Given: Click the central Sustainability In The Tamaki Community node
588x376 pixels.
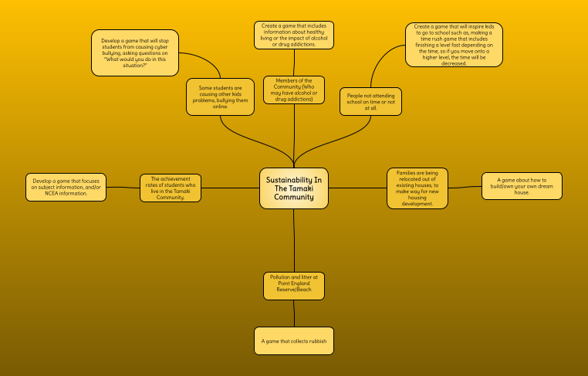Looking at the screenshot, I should [x=293, y=188].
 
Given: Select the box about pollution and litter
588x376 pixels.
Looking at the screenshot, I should [x=293, y=286].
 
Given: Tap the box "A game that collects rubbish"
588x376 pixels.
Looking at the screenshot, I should [x=293, y=340].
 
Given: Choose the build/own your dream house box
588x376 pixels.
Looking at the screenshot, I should [x=522, y=186].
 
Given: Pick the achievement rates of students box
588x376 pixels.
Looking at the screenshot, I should [x=170, y=188].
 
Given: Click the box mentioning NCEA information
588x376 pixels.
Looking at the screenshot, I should [x=66, y=188].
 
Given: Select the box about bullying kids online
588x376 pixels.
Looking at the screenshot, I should [x=220, y=97].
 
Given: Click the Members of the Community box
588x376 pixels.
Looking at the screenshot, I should [x=293, y=90].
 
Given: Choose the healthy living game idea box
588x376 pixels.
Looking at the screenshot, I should [x=293, y=36].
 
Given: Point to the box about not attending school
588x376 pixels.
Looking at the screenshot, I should [x=370, y=101].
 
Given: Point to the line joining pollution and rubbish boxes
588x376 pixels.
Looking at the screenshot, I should [x=293, y=313].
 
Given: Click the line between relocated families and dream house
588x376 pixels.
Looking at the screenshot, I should [x=465, y=187].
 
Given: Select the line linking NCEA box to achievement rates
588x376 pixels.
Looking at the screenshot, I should [x=123, y=188].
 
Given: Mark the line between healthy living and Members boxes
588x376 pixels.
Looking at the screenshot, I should [x=293, y=63].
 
